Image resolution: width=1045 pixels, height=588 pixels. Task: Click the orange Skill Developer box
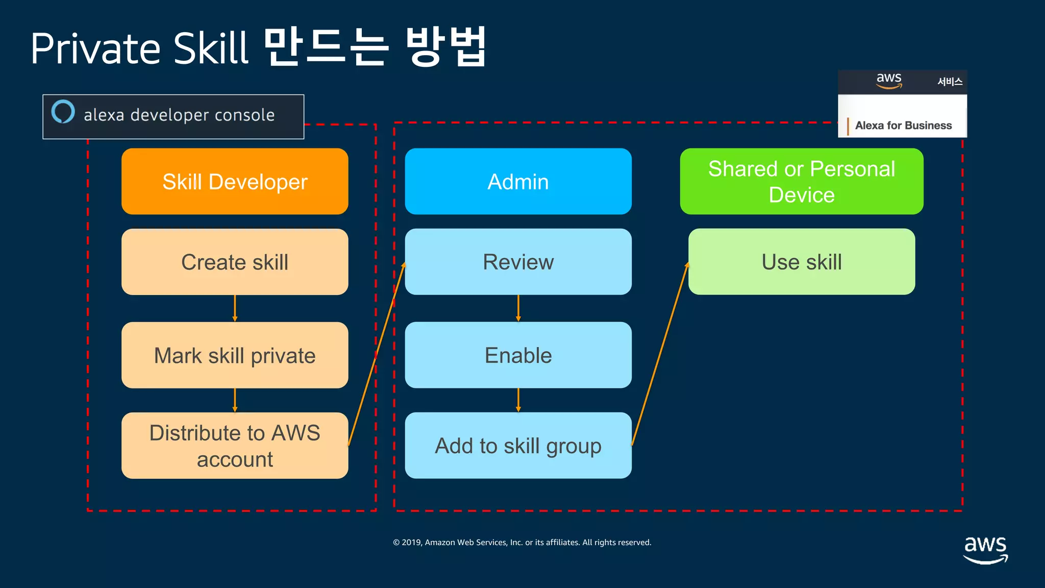point(235,181)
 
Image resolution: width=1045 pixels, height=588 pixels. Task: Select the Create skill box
point(235,262)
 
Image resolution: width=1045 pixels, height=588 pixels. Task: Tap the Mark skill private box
point(235,355)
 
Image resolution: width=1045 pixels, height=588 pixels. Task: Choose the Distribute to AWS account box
point(235,446)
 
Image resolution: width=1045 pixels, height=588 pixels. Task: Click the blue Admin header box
point(518,181)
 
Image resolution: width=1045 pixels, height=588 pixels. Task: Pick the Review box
point(518,262)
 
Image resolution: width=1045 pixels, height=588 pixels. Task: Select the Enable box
point(518,355)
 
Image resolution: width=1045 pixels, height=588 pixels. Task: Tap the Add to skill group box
point(518,446)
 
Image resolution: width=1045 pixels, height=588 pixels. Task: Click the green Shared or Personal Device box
point(801,181)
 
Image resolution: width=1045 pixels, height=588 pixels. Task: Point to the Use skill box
point(801,262)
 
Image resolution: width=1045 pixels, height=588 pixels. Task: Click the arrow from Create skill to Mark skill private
point(235,308)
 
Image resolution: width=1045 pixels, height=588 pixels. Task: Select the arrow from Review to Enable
point(518,308)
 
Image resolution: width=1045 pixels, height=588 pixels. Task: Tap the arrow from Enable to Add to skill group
point(518,400)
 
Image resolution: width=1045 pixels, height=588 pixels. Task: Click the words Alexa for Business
point(903,126)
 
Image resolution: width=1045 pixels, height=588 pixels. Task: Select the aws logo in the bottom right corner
point(985,550)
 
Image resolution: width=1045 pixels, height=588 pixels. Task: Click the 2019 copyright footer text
point(522,543)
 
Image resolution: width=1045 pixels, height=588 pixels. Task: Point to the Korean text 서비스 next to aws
point(950,82)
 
